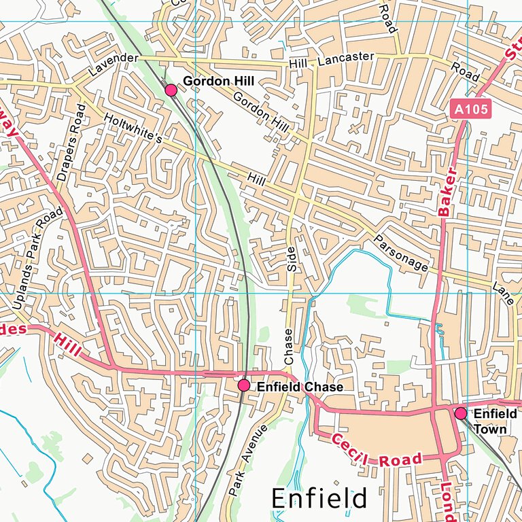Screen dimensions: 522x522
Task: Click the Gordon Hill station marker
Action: (171, 90)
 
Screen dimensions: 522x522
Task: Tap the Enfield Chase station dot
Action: (244, 385)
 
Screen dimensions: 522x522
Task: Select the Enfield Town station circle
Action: (461, 413)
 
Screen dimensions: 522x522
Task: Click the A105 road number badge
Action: (471, 108)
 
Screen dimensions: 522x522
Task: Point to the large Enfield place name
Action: (319, 498)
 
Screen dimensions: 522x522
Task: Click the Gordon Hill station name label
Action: (219, 81)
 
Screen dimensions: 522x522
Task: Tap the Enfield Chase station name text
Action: (300, 387)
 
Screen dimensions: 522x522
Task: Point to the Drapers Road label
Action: (72, 143)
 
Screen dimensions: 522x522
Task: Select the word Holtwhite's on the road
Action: (133, 128)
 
